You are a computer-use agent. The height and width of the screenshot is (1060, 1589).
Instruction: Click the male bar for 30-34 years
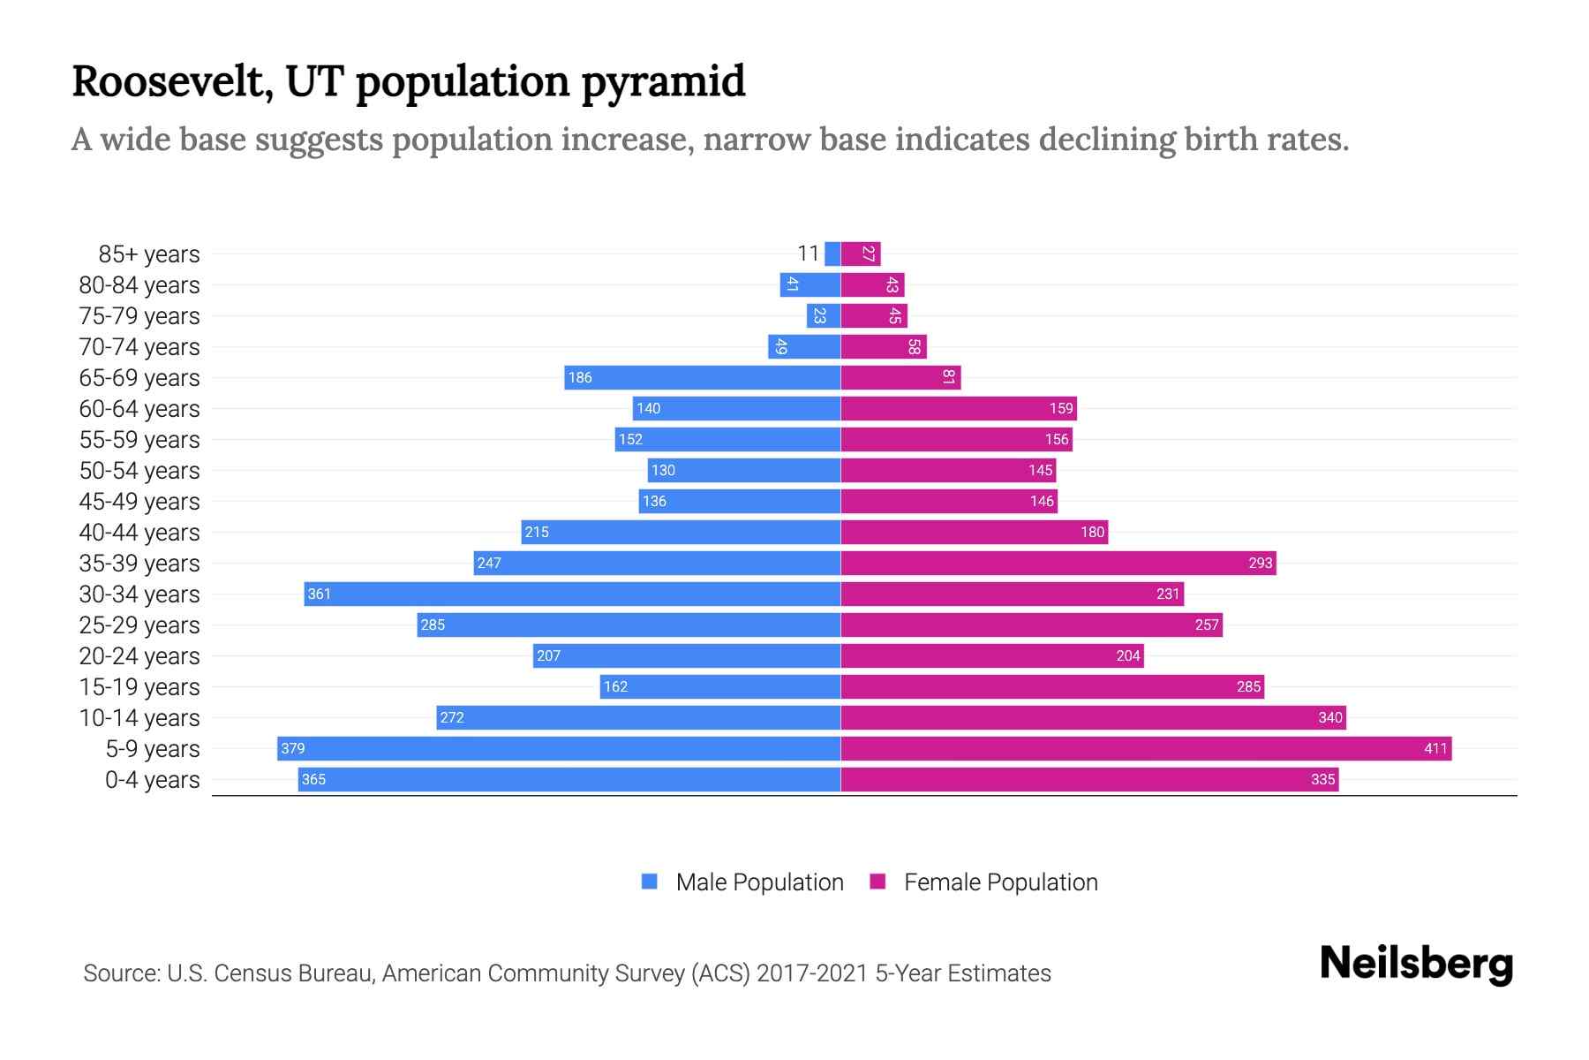click(x=572, y=594)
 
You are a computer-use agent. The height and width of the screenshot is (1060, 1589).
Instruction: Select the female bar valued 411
click(x=1146, y=748)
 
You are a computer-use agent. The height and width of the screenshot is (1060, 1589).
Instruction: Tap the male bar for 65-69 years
click(x=702, y=377)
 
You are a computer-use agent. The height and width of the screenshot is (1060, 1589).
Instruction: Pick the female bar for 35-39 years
click(x=1058, y=563)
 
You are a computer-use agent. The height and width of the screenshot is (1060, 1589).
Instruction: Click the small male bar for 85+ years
click(x=832, y=254)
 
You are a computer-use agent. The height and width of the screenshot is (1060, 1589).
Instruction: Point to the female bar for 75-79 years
click(x=874, y=315)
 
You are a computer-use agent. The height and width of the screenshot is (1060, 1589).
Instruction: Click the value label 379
click(x=292, y=748)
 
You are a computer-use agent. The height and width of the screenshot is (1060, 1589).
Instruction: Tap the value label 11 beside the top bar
click(x=808, y=254)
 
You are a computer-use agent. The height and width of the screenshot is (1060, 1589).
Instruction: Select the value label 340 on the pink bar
click(x=1329, y=717)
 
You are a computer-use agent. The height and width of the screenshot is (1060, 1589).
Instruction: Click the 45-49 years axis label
click(x=139, y=501)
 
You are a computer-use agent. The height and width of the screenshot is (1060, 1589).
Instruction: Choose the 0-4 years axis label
click(x=152, y=779)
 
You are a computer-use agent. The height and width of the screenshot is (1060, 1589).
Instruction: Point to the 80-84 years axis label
click(x=139, y=284)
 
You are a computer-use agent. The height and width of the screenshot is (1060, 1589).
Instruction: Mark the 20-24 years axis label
click(x=139, y=655)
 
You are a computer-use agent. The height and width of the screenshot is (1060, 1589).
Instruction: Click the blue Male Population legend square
click(x=650, y=882)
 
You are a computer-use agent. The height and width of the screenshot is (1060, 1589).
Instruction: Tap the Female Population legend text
click(x=1000, y=882)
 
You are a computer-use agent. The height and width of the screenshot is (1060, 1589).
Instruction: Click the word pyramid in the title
click(x=663, y=82)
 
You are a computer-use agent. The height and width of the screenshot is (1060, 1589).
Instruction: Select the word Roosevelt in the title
click(x=172, y=81)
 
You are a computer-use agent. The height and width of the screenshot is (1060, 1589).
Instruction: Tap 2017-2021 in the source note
click(x=811, y=973)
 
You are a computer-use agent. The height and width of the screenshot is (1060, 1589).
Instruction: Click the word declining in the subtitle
click(x=1035, y=140)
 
